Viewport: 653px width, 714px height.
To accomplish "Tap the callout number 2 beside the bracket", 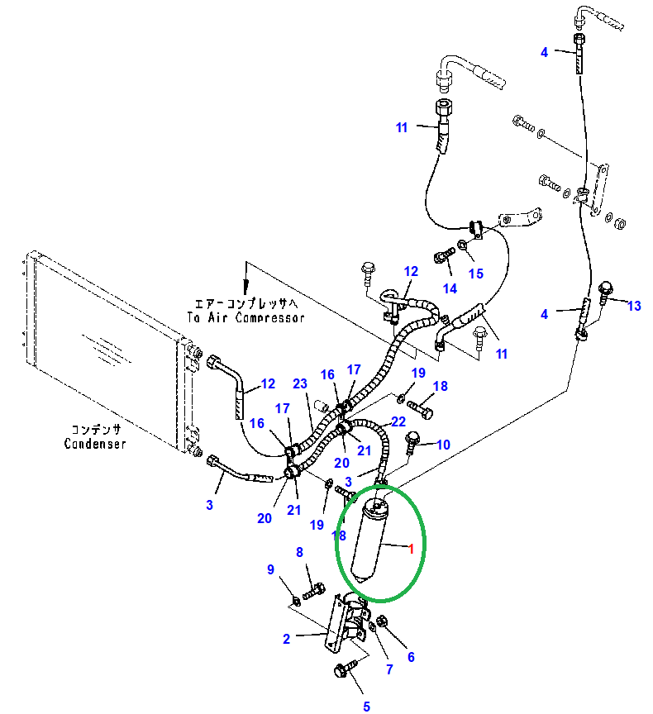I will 286,638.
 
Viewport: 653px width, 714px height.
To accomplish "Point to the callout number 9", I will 270,569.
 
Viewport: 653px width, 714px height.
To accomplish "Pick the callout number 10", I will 443,445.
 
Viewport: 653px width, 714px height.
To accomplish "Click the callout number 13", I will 634,306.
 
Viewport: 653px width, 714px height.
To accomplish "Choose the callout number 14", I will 450,288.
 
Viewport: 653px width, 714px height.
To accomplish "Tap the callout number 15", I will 475,274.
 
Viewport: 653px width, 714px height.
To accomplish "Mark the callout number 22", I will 398,421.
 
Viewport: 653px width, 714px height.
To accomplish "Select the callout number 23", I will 299,383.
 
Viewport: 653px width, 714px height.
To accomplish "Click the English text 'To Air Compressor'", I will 245,317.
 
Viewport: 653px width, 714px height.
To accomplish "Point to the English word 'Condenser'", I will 95,444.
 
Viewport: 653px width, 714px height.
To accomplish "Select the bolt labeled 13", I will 605,289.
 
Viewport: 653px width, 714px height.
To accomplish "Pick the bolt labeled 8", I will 314,592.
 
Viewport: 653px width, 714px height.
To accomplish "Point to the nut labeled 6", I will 382,622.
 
